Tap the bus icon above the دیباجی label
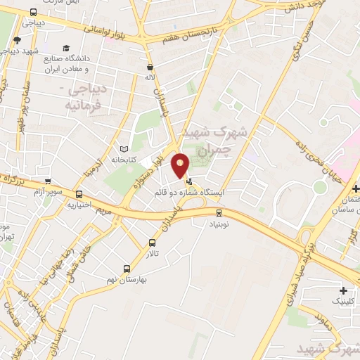[33, 13]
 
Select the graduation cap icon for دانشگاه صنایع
[66, 49]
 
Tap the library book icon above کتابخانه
[124, 149]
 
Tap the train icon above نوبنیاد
[218, 212]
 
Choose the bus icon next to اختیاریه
[79, 195]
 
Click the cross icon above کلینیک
[343, 290]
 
